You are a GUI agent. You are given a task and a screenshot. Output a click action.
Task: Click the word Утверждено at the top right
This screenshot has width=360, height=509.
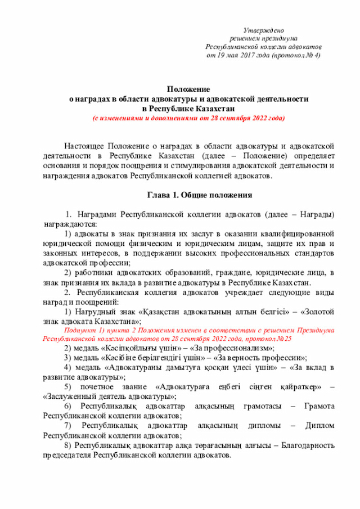coord(263,29)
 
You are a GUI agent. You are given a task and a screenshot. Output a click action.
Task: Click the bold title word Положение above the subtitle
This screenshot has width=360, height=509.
coord(188,89)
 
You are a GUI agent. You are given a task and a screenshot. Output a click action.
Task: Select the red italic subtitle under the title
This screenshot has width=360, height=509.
coord(188,119)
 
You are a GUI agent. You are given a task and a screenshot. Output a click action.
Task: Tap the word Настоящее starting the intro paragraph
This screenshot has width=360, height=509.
coord(84,146)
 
